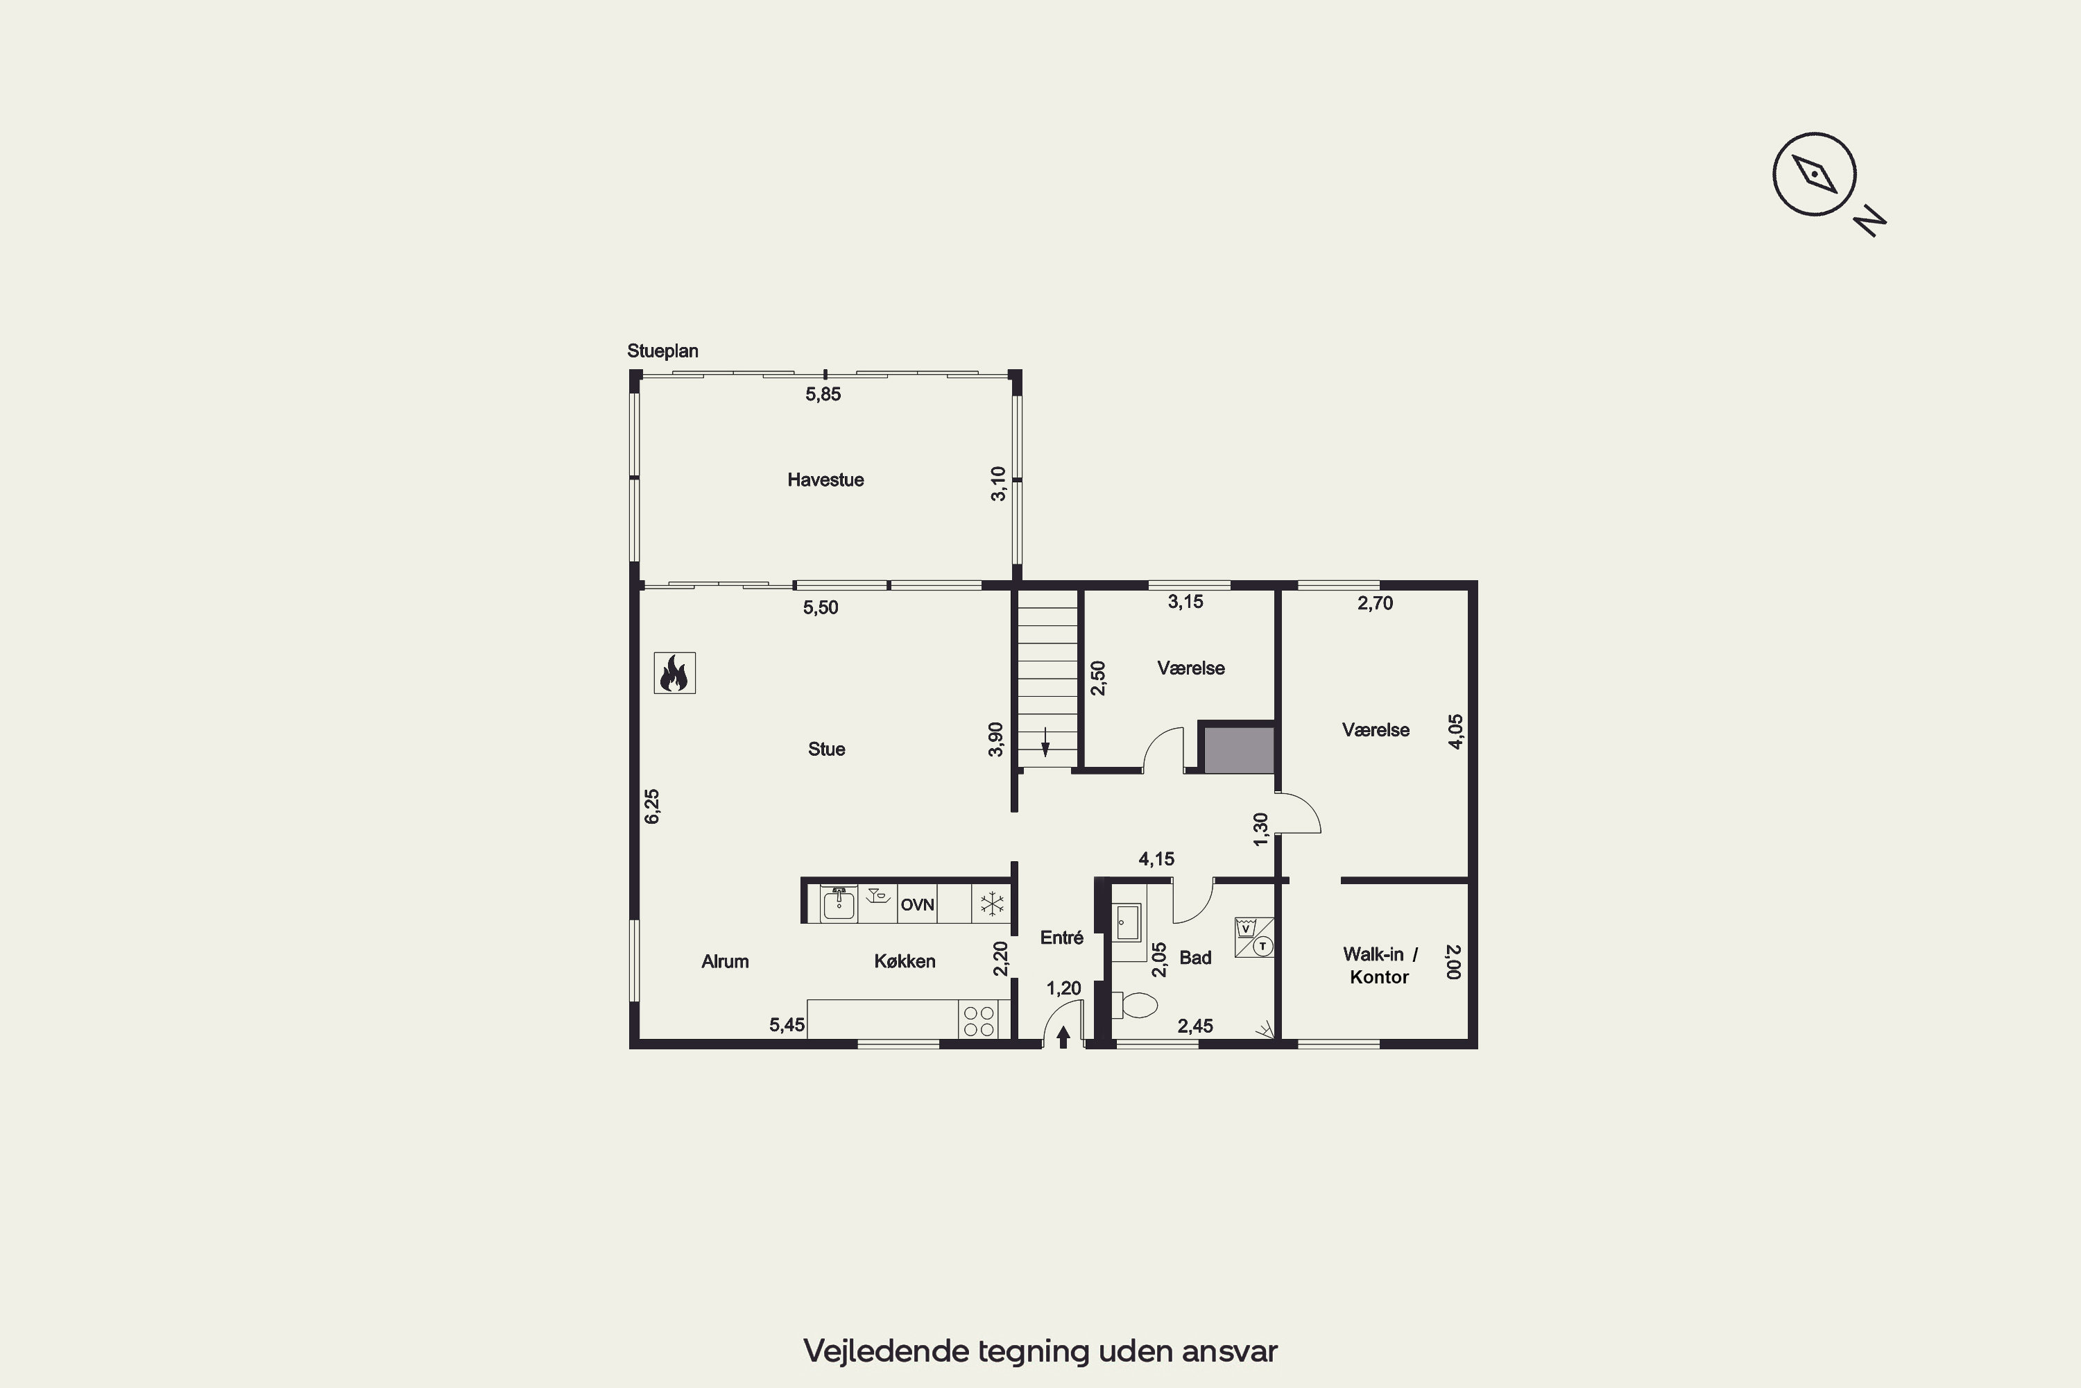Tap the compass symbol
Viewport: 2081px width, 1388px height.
pyautogui.click(x=1814, y=174)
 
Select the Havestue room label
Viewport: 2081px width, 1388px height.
pyautogui.click(x=825, y=480)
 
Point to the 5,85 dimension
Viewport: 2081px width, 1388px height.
pyautogui.click(x=823, y=395)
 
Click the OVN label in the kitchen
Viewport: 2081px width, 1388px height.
pyautogui.click(x=918, y=905)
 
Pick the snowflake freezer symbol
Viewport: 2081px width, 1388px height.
pyautogui.click(x=992, y=904)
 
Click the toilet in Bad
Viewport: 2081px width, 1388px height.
pyautogui.click(x=1134, y=1005)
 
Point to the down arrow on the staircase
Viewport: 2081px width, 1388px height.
pyautogui.click(x=1045, y=742)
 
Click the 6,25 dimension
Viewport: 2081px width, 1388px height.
pyautogui.click(x=652, y=806)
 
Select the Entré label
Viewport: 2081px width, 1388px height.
pyautogui.click(x=1062, y=938)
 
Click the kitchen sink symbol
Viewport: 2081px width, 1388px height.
pyautogui.click(x=838, y=904)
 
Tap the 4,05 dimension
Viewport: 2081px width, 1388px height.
pyautogui.click(x=1455, y=731)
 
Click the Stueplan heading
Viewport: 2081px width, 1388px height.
pyautogui.click(x=662, y=351)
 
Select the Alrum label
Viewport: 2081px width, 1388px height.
pyautogui.click(x=725, y=961)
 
